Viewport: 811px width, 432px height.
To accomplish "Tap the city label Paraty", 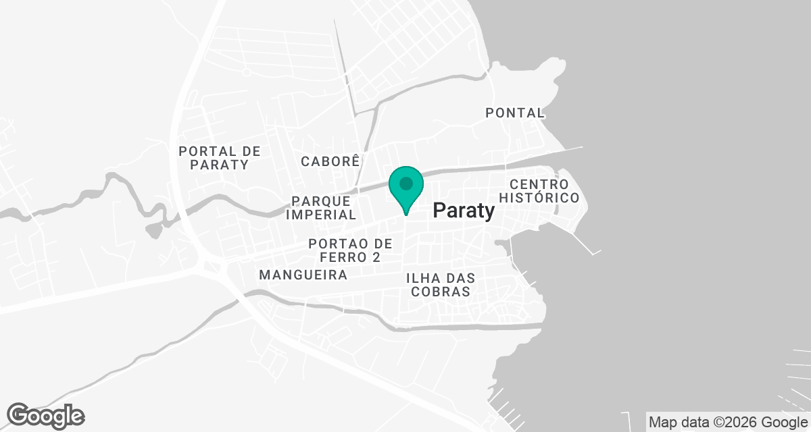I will (464, 211).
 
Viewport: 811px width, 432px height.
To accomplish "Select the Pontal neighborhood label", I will (515, 113).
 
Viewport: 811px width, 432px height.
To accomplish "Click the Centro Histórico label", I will (539, 191).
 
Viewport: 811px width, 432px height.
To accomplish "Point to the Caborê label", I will (330, 161).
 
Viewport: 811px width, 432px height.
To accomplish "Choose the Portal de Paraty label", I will (219, 158).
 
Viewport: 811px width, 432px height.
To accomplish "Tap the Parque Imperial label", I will (321, 208).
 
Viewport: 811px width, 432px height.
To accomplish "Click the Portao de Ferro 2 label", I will (349, 250).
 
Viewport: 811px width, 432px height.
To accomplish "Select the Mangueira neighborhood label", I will (303, 275).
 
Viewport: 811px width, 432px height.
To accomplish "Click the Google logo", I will (45, 415).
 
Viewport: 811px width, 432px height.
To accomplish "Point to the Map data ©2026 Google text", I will (727, 423).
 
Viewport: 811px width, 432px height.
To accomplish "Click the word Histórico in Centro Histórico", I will (539, 198).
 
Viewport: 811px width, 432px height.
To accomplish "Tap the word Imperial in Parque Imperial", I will (321, 215).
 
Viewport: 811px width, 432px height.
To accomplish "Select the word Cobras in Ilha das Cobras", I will (439, 292).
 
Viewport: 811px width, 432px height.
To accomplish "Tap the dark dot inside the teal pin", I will (405, 183).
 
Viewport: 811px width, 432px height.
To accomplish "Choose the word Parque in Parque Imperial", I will (321, 201).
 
